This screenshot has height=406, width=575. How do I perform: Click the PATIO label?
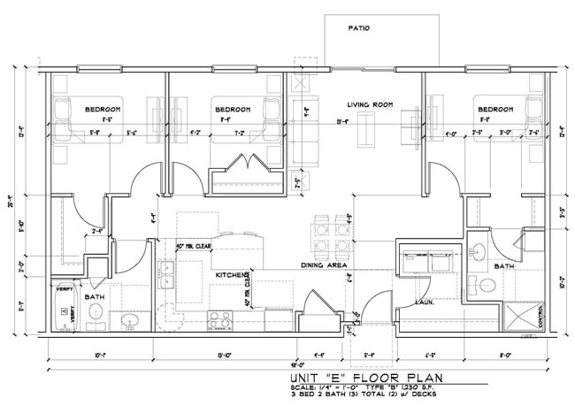coord(358,28)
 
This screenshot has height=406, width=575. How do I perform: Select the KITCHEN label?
coord(231,276)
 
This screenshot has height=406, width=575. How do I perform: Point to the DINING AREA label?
coord(323,265)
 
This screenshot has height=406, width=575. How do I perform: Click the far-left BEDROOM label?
coord(103,109)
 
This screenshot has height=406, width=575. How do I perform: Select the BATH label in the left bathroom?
coord(95,297)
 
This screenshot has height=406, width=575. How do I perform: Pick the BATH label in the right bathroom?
coord(504,265)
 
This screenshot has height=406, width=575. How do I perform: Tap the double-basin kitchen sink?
coord(165,275)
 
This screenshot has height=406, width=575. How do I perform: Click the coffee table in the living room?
coord(365,131)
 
